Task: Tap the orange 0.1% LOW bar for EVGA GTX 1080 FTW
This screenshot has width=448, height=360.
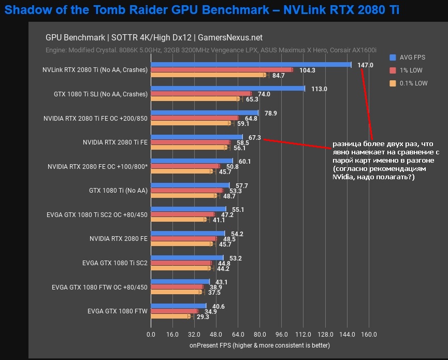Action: point(170,316)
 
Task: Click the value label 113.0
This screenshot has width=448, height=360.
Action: point(319,89)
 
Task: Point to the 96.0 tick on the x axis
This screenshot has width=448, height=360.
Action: point(282,334)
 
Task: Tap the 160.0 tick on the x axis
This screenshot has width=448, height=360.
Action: point(369,334)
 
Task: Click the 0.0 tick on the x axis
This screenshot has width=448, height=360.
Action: point(151,334)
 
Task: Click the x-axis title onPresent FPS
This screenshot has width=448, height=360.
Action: point(259,345)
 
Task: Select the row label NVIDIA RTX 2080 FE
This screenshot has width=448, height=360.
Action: point(119,239)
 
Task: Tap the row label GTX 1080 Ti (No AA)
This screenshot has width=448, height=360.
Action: point(118,191)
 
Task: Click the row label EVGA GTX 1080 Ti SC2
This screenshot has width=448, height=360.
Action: point(115,263)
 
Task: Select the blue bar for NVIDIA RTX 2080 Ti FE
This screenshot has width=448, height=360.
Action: point(196,137)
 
